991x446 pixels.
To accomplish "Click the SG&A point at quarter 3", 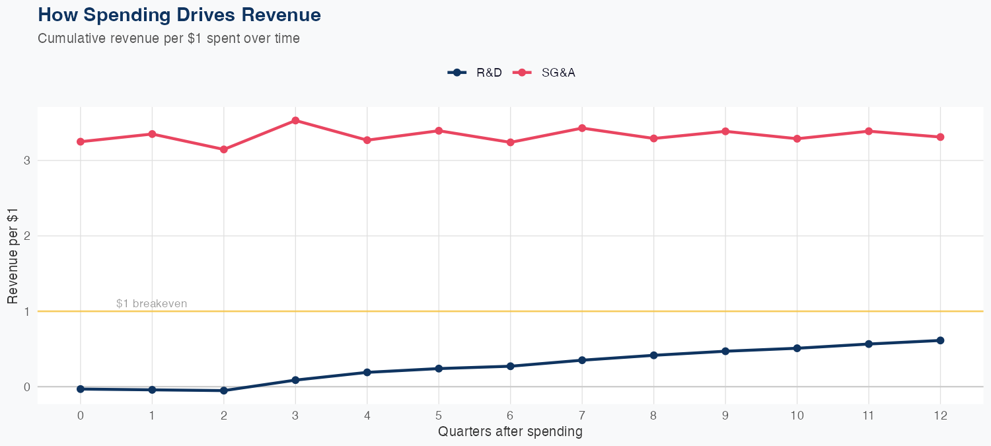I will click(295, 120).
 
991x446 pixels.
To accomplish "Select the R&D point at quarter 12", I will click(940, 340).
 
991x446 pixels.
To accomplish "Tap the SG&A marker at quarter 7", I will click(582, 128).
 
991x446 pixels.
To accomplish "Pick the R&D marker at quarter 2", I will click(224, 390).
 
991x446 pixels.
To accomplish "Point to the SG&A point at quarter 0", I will click(81, 141).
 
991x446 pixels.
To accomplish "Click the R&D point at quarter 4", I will click(367, 372).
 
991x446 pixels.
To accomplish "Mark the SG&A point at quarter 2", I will click(224, 149).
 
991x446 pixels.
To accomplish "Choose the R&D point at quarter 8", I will click(653, 355).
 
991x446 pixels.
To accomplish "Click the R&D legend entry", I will click(475, 73).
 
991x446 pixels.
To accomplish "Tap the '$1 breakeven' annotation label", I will click(151, 304).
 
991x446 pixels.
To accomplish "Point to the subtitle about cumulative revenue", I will click(168, 38).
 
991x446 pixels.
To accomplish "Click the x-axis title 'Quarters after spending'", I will click(510, 432).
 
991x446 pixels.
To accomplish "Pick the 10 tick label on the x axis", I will click(797, 416).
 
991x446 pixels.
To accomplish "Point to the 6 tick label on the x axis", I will click(510, 416).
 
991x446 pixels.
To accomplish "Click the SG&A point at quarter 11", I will click(869, 131).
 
